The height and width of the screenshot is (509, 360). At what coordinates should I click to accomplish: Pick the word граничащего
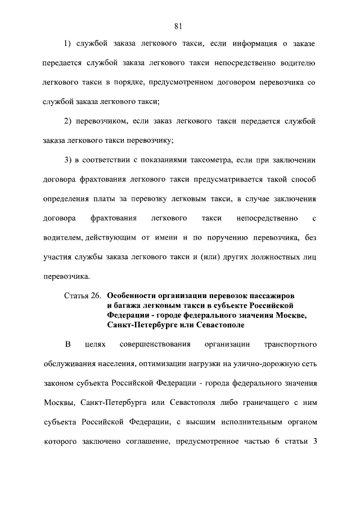pyautogui.click(x=243, y=402)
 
